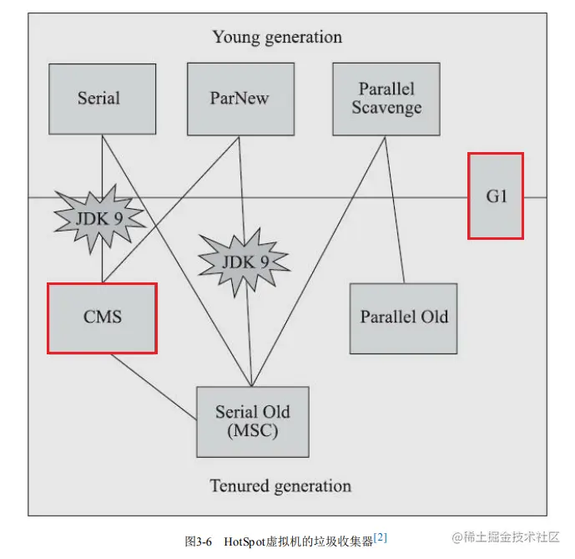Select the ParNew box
coord(240,99)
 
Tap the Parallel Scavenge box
coord(386,99)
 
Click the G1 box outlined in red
coord(496,196)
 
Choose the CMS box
coord(102,318)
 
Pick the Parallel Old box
coord(404,318)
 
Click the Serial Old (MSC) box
coord(252,421)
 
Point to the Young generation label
coord(277,37)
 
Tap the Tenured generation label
coord(280,485)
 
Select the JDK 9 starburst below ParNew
coord(244,262)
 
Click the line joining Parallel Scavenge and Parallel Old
coord(395,209)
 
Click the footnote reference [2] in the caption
coord(381,536)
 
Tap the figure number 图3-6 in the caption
coord(199,541)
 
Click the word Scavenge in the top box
coord(386,108)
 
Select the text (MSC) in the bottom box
coord(252,431)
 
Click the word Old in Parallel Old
coord(434,318)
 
